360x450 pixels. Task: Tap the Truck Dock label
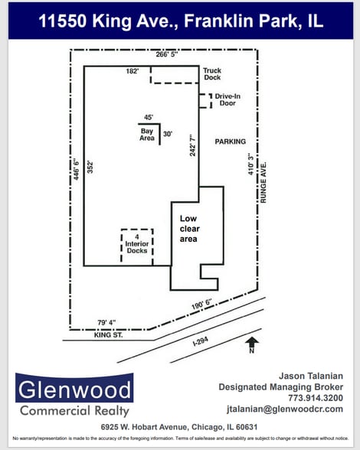[x=212, y=74]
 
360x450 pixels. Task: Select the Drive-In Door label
[x=228, y=99]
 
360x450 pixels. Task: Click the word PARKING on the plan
[x=231, y=142]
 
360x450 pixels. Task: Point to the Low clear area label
[x=188, y=228]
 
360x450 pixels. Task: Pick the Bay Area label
[x=147, y=135]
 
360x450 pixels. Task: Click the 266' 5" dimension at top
[x=166, y=54]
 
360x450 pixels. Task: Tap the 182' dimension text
[x=133, y=71]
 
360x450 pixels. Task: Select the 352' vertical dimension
[x=90, y=168]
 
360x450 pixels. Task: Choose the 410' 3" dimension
[x=250, y=163]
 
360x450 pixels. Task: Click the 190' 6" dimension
[x=201, y=305]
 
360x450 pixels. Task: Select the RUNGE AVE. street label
[x=262, y=181]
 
